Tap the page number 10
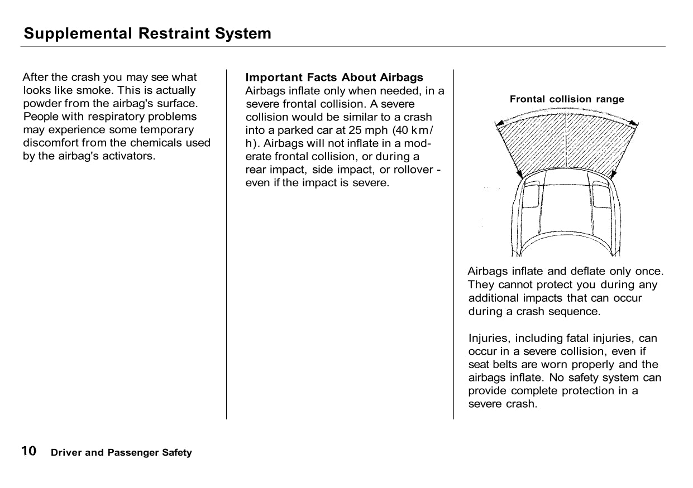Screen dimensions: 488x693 [29, 451]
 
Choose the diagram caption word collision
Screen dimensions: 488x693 [570, 99]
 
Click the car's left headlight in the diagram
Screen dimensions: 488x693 [532, 195]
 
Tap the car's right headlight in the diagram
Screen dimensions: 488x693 [602, 195]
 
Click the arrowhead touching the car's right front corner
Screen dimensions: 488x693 [614, 175]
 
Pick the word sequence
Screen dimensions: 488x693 [573, 311]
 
